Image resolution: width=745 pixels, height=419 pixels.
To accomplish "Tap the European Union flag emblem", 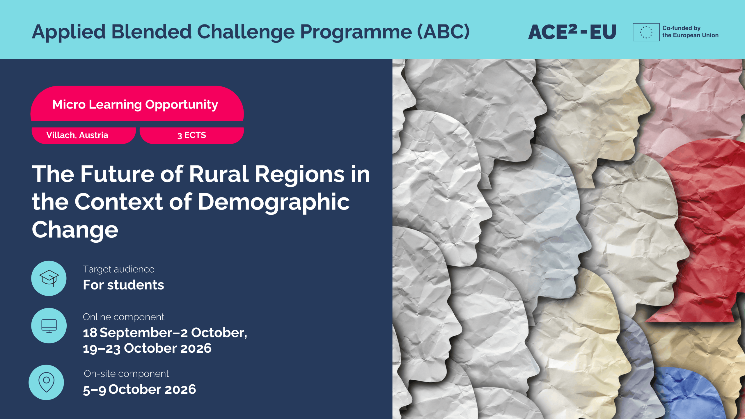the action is pyautogui.click(x=646, y=32).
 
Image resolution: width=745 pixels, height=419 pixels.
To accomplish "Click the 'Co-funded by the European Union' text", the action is pyautogui.click(x=690, y=32).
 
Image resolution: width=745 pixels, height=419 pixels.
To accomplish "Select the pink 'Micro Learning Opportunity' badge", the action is pyautogui.click(x=137, y=103).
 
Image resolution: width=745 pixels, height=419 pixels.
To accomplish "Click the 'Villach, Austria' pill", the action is pyautogui.click(x=84, y=135).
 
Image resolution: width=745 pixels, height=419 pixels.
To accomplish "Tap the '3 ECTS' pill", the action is pyautogui.click(x=191, y=135).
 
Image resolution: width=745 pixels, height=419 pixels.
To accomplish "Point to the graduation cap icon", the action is pyautogui.click(x=49, y=278).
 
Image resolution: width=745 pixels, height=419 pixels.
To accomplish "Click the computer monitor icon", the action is pyautogui.click(x=49, y=326).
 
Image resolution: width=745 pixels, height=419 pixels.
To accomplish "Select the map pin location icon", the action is pyautogui.click(x=46, y=382).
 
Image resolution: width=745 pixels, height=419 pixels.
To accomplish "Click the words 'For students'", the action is pyautogui.click(x=123, y=285).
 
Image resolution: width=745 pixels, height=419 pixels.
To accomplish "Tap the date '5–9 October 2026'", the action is pyautogui.click(x=139, y=390).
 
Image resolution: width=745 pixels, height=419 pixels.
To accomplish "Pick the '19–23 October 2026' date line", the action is pyautogui.click(x=147, y=349).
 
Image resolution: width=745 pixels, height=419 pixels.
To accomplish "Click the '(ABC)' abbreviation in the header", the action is pyautogui.click(x=444, y=32).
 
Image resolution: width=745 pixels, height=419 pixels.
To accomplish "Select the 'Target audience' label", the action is pyautogui.click(x=118, y=269).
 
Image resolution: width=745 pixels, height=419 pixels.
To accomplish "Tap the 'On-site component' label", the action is pyautogui.click(x=126, y=374).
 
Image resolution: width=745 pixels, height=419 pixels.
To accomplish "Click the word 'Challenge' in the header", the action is pyautogui.click(x=246, y=32).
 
